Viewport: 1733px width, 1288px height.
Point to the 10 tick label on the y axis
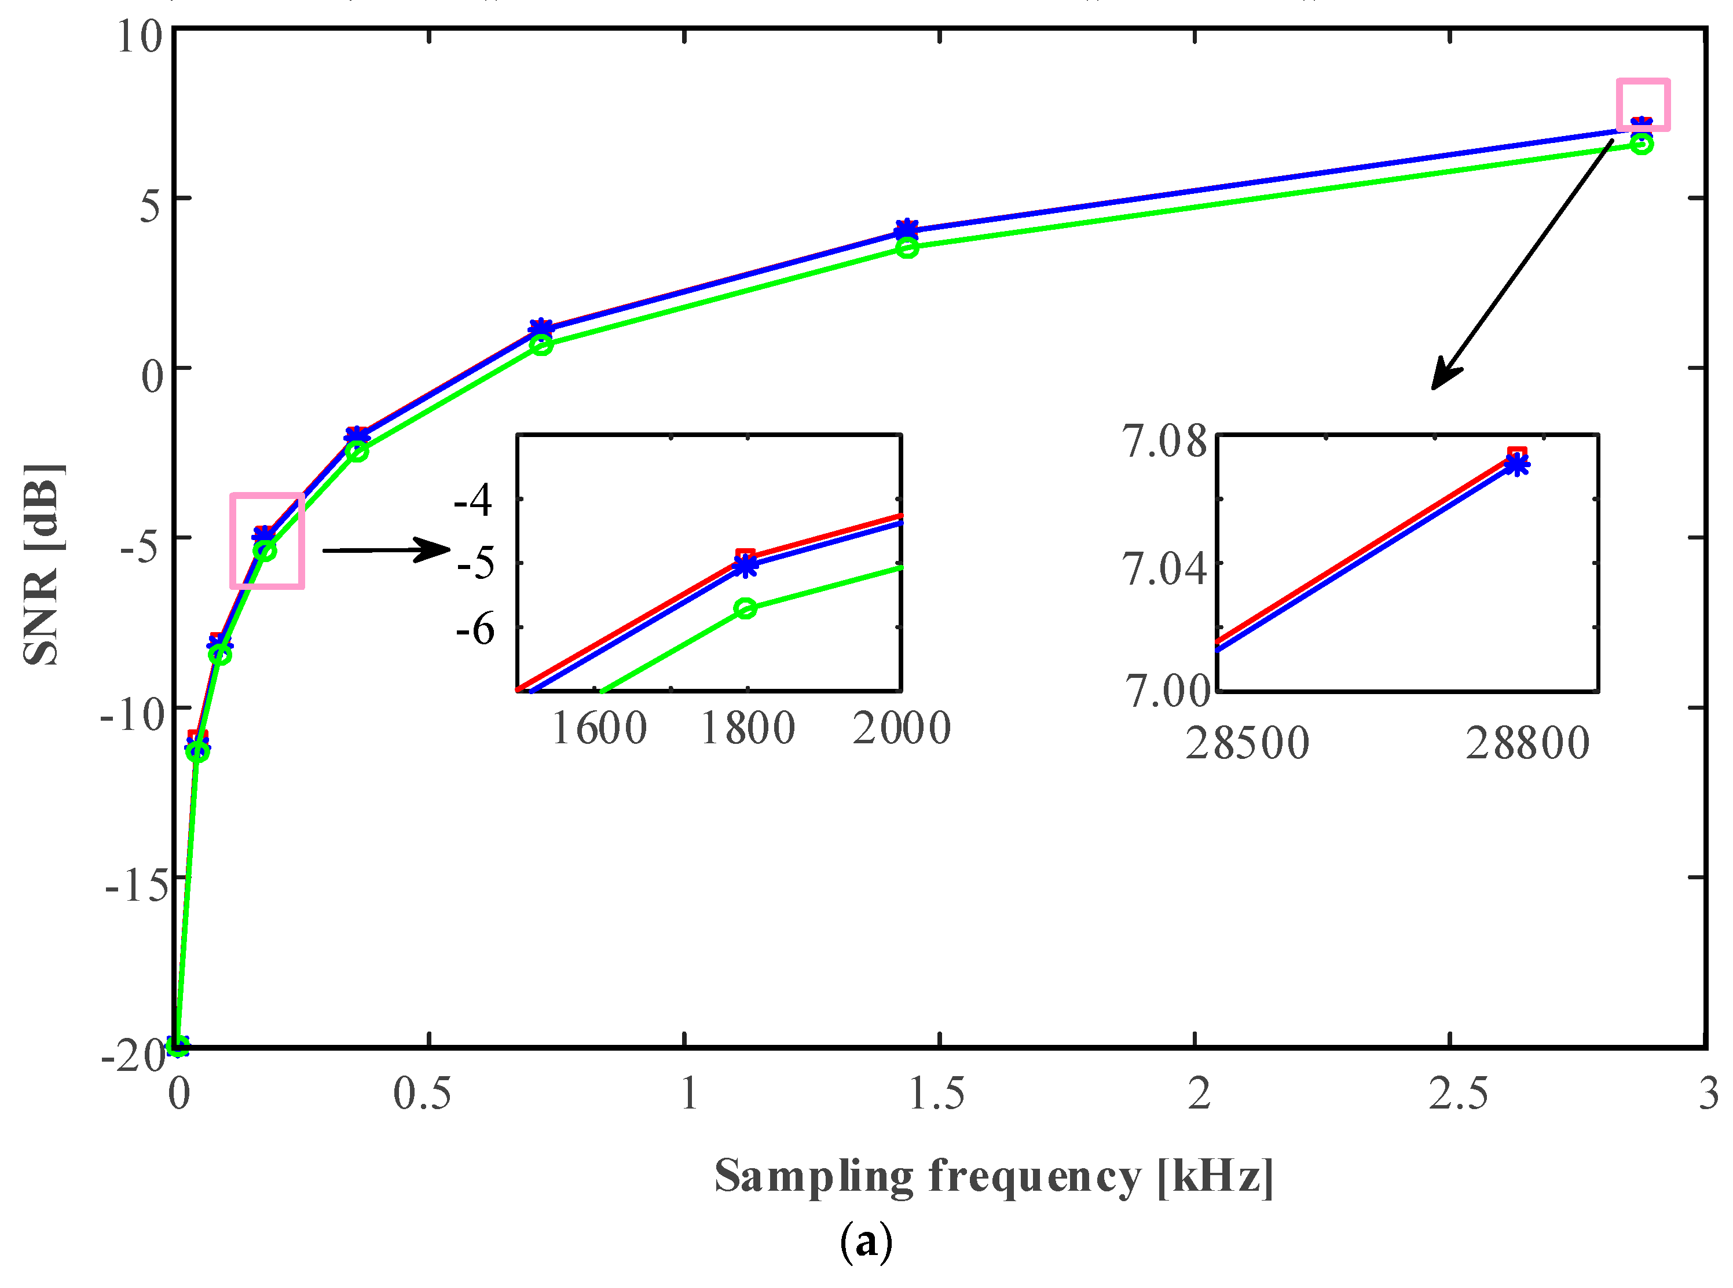140,36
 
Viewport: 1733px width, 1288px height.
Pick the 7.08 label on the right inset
1164,441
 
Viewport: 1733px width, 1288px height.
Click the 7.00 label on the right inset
1167,690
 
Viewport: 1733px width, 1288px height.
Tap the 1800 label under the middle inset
747,728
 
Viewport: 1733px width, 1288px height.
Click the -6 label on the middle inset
475,629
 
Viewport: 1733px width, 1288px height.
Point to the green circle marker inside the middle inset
746,608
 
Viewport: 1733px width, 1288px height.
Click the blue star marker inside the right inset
1516,465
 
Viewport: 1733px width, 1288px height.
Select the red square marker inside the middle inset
746,557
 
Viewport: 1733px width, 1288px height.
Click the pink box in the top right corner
1643,104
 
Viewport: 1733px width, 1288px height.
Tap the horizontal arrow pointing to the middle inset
386,550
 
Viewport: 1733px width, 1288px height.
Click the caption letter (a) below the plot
866,1243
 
